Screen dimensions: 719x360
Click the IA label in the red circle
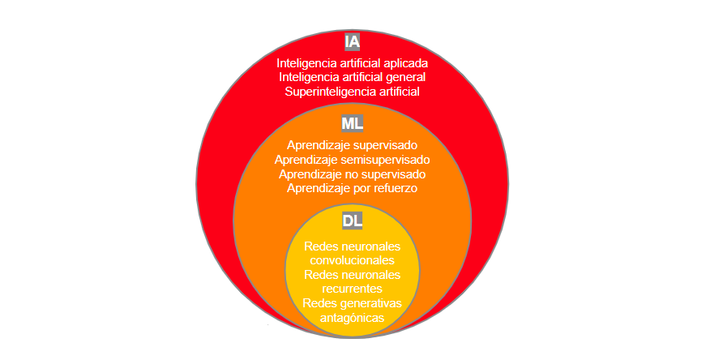[352, 41]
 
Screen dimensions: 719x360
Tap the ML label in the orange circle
[352, 123]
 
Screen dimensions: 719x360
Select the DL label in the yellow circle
[352, 221]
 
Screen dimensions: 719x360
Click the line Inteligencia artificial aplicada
[352, 62]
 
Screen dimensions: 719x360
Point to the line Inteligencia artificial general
[352, 77]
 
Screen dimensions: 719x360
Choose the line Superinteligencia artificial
[352, 92]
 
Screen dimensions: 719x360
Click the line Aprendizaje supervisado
[352, 145]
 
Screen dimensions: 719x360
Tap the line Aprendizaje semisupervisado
[352, 160]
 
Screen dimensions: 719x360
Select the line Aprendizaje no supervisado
[352, 174]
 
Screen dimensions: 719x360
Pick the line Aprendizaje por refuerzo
[352, 189]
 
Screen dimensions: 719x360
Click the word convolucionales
[352, 260]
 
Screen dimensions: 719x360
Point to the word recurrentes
[352, 289]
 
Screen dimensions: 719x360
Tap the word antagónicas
[352, 318]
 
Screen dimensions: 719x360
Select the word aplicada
[404, 62]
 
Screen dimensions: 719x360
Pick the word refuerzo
[393, 189]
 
